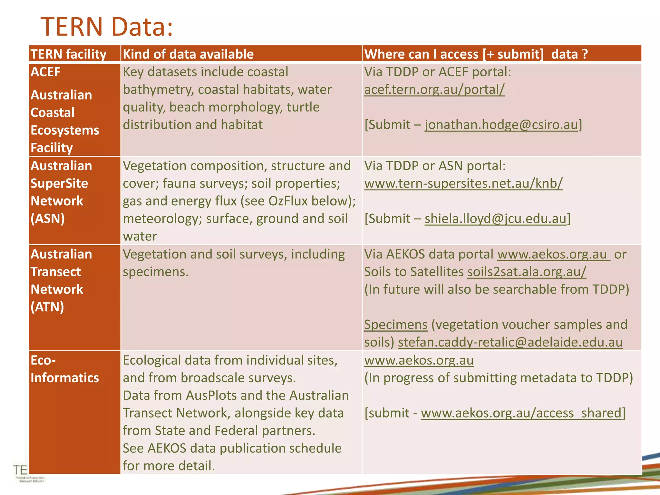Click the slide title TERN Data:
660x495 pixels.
[x=107, y=27]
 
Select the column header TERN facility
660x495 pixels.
[x=68, y=54]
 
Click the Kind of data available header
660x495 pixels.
[x=188, y=54]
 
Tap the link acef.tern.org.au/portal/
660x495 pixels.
[x=434, y=90]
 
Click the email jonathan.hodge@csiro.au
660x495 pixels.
[x=501, y=125]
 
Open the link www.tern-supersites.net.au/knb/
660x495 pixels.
[x=463, y=183]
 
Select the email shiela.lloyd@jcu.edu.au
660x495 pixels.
[x=495, y=219]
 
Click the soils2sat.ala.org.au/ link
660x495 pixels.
[x=527, y=272]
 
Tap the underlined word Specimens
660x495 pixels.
[x=396, y=325]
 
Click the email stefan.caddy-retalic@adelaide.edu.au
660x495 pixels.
[x=510, y=342]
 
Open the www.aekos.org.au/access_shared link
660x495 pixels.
[x=521, y=413]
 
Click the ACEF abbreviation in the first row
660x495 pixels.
[x=45, y=72]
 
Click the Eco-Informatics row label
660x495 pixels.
[x=64, y=369]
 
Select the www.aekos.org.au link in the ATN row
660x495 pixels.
[x=553, y=254]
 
